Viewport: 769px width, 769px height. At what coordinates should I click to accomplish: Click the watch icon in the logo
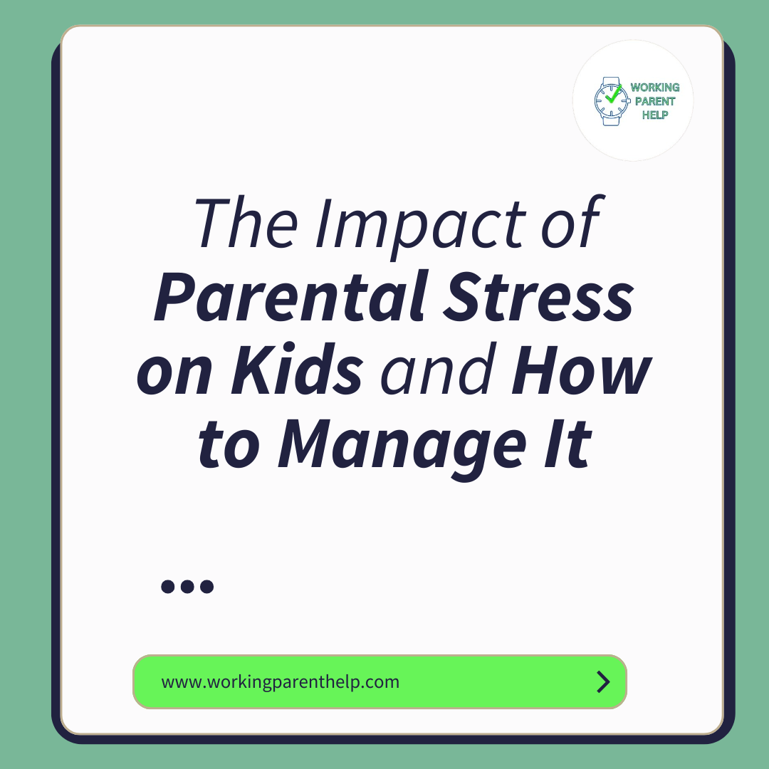pos(610,101)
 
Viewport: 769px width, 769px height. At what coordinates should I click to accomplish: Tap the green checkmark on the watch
pos(612,96)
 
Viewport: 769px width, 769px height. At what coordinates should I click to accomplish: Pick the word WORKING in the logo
pos(655,88)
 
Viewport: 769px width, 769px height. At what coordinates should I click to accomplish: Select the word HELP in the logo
pos(655,115)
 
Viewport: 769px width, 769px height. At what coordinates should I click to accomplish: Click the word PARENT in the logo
pos(655,101)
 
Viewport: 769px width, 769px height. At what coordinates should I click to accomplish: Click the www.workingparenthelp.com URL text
pos(281,682)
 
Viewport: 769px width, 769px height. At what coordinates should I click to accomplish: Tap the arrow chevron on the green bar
pos(603,682)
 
